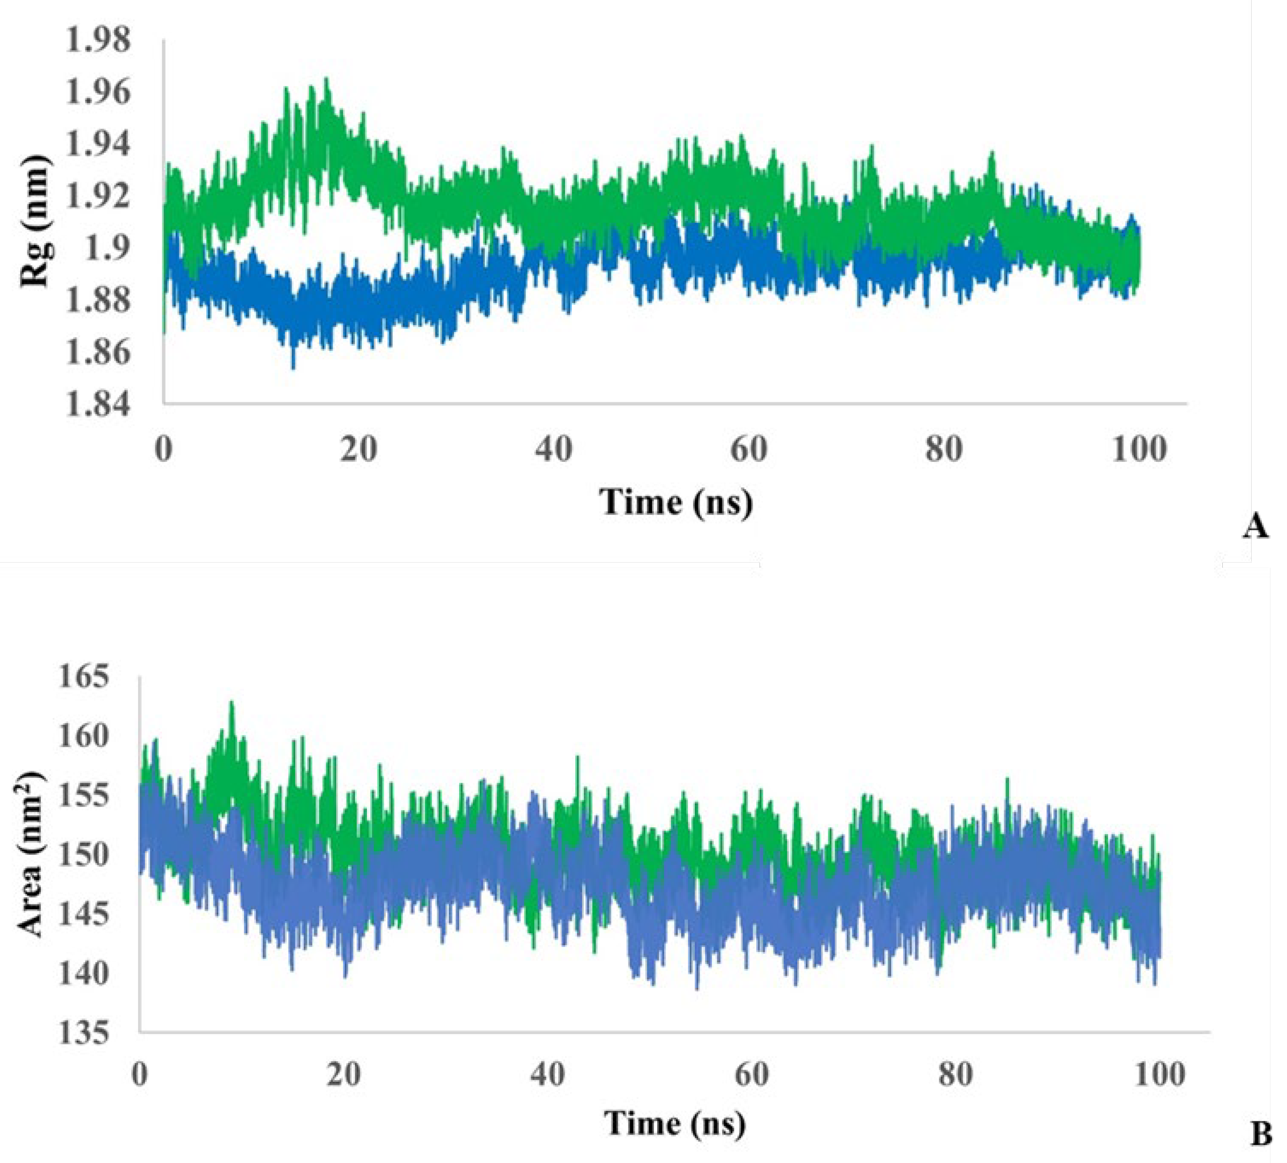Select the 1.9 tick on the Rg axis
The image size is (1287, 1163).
[x=114, y=248]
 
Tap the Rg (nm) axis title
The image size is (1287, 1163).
[x=35, y=220]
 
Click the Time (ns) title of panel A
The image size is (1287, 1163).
[x=676, y=502]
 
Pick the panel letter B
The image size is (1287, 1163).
[x=1261, y=1134]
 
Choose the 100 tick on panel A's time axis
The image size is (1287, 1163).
[x=1139, y=450]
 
